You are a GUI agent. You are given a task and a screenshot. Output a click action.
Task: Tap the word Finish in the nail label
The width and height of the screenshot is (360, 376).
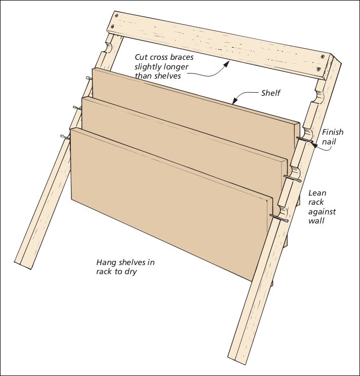(333, 132)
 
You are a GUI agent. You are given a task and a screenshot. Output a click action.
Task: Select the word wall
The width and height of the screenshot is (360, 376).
(317, 221)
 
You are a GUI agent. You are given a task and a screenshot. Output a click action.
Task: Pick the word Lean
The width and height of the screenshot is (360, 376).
(317, 193)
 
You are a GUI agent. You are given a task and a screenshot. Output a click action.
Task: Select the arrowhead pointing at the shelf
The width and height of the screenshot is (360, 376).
(234, 102)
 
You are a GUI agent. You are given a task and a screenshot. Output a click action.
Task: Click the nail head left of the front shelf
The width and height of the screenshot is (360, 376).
(62, 137)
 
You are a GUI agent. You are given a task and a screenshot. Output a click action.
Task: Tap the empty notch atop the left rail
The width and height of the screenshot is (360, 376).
(107, 49)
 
